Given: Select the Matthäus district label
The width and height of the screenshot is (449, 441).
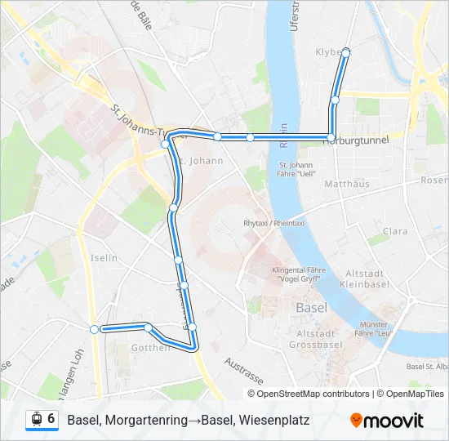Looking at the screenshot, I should [x=347, y=185].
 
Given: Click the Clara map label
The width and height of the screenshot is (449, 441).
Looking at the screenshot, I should [x=395, y=231].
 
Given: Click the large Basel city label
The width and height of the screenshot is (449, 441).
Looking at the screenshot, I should [x=312, y=308].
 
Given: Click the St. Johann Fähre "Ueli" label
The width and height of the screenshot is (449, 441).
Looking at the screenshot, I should [x=296, y=169].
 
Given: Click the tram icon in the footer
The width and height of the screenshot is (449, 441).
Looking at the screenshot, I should [x=36, y=420].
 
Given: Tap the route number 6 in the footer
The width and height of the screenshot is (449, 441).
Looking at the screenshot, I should [x=51, y=419].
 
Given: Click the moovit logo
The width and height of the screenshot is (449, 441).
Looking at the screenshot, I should [x=387, y=421].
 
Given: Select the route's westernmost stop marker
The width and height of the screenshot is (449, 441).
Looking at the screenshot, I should [x=95, y=329].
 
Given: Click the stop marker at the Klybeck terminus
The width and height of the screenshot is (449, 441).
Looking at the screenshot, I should [x=345, y=52].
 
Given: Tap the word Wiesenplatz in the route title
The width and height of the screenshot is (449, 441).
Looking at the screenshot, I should [x=274, y=420].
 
